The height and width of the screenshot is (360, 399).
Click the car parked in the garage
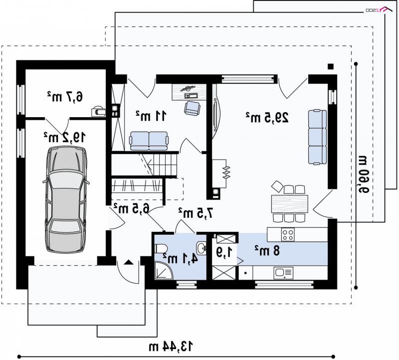(66, 199)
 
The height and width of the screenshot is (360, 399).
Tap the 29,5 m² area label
(267, 118)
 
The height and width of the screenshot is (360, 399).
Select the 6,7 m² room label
(65, 97)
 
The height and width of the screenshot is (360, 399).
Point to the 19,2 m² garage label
(64, 137)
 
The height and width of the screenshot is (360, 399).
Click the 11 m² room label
(151, 116)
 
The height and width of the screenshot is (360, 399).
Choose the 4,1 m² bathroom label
(180, 259)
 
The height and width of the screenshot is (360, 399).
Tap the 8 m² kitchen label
(267, 251)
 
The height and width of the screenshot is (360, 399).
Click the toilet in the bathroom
(161, 249)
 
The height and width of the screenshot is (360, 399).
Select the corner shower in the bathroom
(164, 271)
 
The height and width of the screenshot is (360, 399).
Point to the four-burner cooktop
(288, 234)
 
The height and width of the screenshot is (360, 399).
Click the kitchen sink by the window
(283, 273)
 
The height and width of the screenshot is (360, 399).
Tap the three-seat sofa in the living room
(317, 137)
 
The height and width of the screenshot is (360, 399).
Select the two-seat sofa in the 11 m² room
(149, 141)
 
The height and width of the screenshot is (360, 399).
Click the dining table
(290, 203)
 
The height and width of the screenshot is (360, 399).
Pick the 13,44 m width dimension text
(171, 347)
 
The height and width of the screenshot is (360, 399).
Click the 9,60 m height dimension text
(363, 175)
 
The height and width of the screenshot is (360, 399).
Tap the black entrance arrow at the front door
(129, 262)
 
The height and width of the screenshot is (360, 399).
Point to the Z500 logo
(379, 9)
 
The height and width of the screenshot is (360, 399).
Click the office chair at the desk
(192, 108)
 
